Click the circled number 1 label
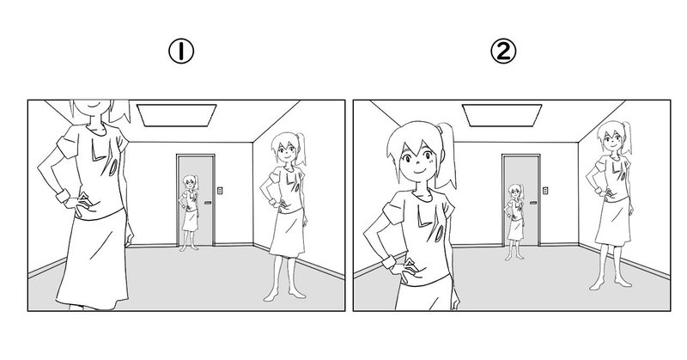(x=181, y=52)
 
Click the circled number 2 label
(x=503, y=52)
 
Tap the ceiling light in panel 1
(x=177, y=115)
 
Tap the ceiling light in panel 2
(x=502, y=115)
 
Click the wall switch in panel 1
(x=220, y=190)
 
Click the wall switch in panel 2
(x=545, y=190)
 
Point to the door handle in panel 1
(x=208, y=203)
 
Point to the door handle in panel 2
(x=533, y=203)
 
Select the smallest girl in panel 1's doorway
(x=189, y=213)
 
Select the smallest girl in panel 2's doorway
(x=514, y=222)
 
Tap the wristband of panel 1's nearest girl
(x=63, y=196)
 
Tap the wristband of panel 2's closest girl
(x=389, y=263)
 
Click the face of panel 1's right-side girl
(x=286, y=152)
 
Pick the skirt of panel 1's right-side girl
(x=287, y=232)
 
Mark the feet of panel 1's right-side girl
(x=284, y=295)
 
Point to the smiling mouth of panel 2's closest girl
(x=419, y=171)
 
